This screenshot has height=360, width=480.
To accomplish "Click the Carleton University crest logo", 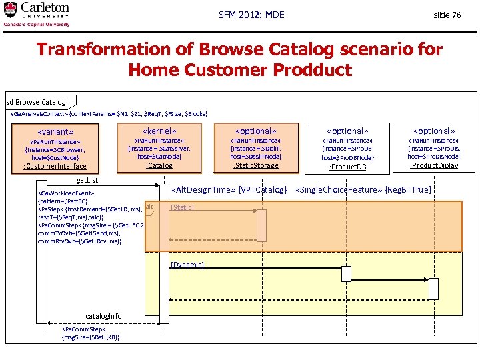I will coord(11,10).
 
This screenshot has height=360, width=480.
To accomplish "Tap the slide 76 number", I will coord(447,15).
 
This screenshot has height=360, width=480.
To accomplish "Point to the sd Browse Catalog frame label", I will coord(36,102).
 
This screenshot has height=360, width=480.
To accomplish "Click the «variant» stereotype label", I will coord(56,132).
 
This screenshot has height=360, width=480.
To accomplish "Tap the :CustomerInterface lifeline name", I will coord(55,166).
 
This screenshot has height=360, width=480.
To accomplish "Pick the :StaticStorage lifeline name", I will coord(256,165).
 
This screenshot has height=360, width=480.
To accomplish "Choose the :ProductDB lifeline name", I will coord(348,167).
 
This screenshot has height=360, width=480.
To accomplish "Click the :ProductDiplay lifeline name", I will coord(433,165).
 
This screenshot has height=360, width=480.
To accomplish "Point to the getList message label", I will coord(87,181).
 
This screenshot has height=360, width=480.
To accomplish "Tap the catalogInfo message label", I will coord(104,315).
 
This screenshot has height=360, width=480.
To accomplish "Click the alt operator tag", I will coord(149,207).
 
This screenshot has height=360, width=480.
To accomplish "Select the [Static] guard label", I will coord(182,207).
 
